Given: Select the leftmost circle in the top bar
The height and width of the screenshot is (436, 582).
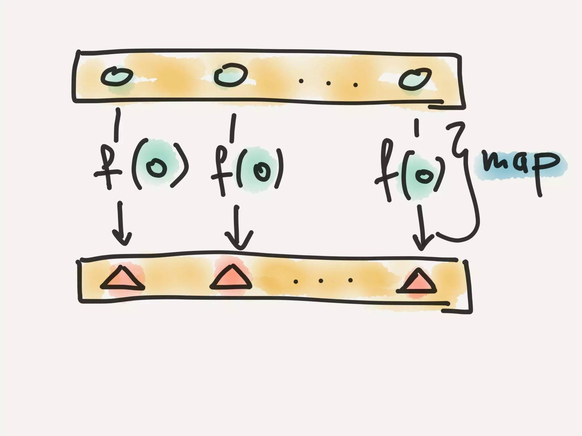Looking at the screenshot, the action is point(117,77).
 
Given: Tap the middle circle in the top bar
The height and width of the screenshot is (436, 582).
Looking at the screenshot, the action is point(230,75).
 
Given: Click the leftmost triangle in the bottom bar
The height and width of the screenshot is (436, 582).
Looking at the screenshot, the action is point(122,280).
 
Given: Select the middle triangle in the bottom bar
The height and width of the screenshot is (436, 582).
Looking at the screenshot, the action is point(231,278).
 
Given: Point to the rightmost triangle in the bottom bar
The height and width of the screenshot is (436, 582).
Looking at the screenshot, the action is point(417,282).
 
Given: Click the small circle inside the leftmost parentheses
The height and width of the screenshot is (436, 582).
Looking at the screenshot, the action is point(156,167).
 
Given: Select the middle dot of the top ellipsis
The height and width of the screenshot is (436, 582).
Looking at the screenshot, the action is point(329,83).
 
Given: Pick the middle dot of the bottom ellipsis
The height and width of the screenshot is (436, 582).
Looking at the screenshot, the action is point(321,281).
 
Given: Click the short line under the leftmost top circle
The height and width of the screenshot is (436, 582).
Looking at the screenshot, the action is point(117,125).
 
